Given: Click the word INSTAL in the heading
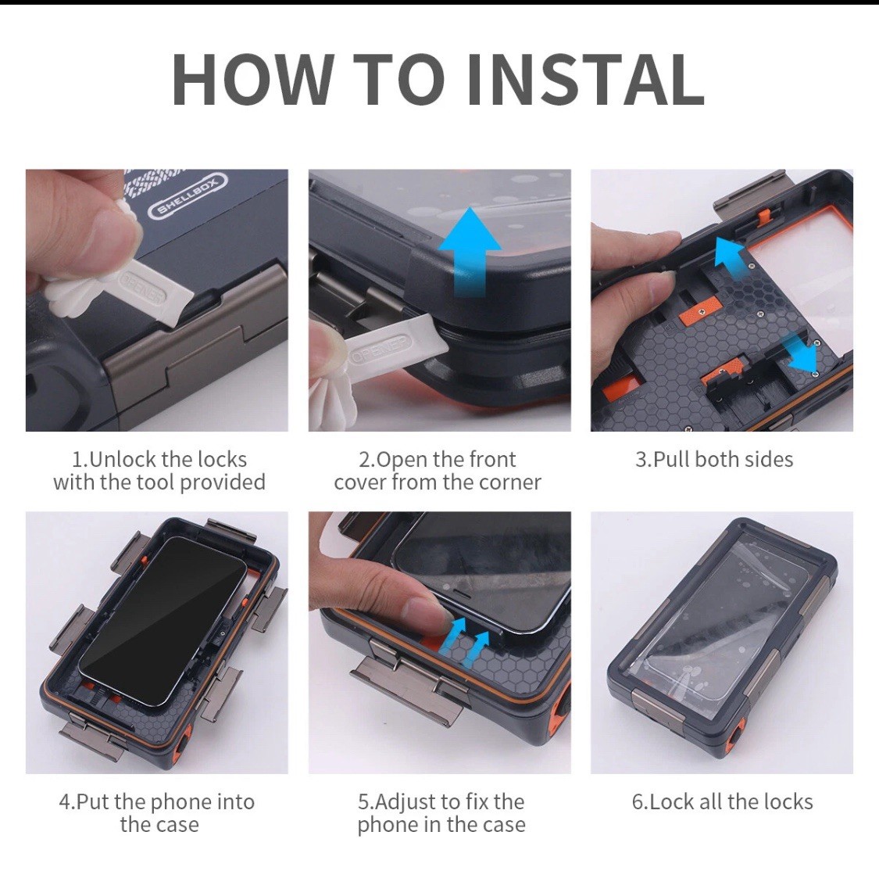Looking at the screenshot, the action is click(586, 79).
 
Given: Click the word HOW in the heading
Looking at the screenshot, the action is click(253, 79).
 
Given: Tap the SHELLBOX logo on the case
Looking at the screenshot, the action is click(188, 195).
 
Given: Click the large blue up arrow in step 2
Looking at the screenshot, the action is click(470, 251).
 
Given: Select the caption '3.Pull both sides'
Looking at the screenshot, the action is click(714, 460).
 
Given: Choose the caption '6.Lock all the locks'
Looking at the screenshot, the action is click(722, 801).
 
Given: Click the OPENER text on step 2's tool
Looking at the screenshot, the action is click(381, 349).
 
